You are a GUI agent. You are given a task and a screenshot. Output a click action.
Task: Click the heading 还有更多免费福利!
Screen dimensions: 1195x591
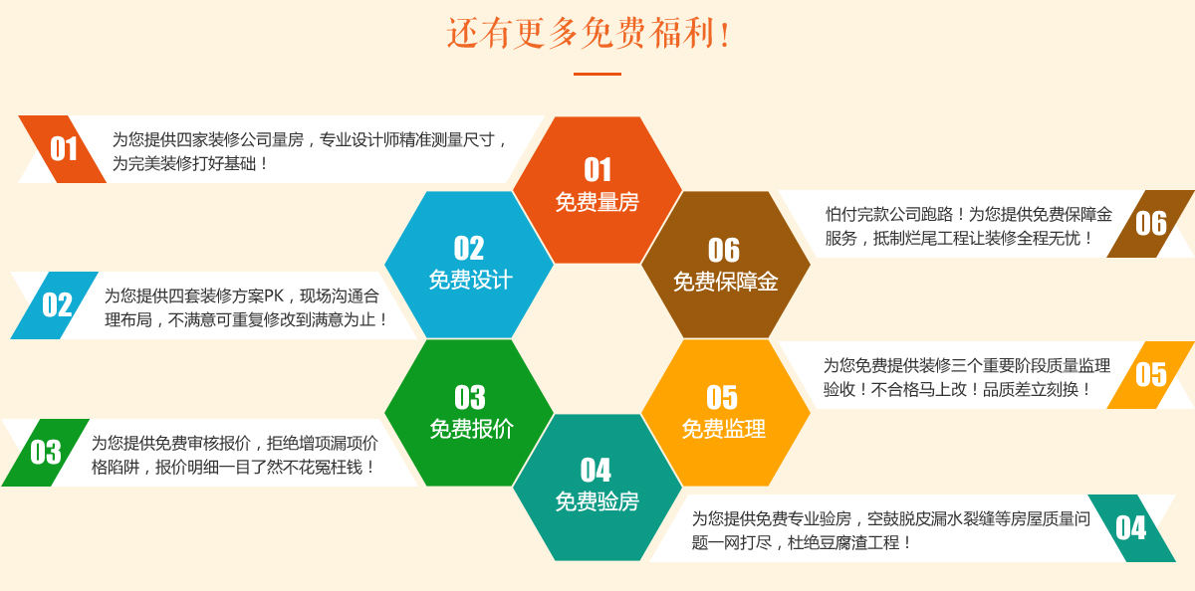click(589, 33)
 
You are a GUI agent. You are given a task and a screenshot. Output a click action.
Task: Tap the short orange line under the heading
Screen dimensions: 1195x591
click(597, 74)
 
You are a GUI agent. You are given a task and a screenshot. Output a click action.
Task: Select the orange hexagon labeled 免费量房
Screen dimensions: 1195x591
click(597, 190)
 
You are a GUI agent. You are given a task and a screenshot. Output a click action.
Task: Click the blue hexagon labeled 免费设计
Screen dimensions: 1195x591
click(469, 265)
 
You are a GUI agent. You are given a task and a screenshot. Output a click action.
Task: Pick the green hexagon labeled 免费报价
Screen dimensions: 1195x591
click(469, 413)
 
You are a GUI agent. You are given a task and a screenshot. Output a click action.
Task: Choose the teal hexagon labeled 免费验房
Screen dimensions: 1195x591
click(597, 488)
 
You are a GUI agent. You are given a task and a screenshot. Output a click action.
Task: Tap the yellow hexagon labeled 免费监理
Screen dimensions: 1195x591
click(726, 413)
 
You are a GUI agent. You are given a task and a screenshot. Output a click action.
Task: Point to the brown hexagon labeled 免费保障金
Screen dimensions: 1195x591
click(726, 265)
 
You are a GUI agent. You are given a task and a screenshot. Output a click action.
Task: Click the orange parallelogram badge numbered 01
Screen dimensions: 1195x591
click(63, 149)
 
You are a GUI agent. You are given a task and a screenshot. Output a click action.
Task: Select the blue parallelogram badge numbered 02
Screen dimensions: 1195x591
click(55, 305)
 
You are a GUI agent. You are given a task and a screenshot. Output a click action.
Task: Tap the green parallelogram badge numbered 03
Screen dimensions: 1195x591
click(46, 453)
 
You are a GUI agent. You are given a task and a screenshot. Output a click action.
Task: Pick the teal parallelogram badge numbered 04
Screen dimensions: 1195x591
click(1131, 528)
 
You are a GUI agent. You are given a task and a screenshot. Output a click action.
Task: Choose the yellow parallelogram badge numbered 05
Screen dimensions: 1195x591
click(1151, 375)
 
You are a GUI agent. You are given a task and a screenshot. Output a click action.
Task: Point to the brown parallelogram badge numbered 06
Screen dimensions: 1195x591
click(1151, 224)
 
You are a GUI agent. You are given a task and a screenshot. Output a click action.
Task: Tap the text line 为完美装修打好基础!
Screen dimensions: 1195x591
click(189, 163)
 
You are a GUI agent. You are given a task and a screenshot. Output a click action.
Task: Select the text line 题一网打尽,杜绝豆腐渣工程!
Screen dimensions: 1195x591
click(801, 542)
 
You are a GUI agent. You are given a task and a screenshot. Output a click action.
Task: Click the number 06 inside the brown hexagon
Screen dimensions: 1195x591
click(724, 250)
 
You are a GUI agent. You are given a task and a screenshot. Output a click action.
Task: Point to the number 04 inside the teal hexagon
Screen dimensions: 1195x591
click(596, 470)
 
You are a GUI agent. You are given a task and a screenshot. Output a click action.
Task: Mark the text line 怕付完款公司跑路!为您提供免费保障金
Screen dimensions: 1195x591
click(969, 214)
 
